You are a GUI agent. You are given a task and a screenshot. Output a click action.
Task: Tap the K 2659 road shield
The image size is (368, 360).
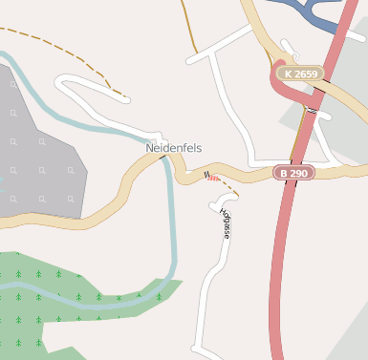(x=300, y=73)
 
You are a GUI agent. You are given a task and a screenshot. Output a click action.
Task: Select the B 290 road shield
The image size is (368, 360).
(x=293, y=173)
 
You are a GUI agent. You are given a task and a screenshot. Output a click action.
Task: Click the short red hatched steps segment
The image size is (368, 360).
(x=213, y=177)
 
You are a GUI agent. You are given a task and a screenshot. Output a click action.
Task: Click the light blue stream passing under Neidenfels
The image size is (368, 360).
(x=173, y=229)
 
